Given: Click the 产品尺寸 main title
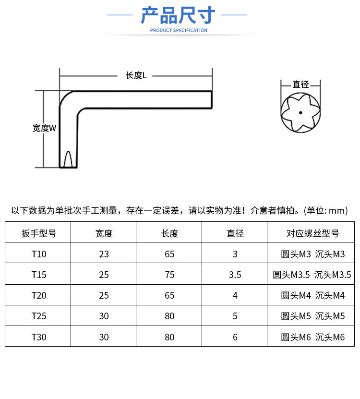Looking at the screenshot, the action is (x=178, y=15).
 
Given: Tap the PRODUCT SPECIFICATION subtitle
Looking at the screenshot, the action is (x=179, y=30).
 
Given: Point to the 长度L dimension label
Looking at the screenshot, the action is (x=136, y=75).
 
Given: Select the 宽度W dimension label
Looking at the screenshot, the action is (x=44, y=128).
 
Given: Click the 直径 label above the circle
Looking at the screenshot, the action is (x=300, y=84).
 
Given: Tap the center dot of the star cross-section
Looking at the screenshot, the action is (x=300, y=112).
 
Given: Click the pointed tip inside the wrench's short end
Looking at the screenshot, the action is (x=68, y=152).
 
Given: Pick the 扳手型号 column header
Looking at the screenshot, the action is (x=39, y=233).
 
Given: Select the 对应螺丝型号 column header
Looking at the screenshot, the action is (x=312, y=233).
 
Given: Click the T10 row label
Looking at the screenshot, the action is (x=39, y=254).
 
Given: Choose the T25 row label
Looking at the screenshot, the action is (x=39, y=316).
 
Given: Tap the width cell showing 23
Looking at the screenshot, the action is (x=104, y=254).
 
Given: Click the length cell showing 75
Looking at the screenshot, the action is (x=169, y=275).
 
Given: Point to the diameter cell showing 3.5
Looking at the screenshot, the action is (x=235, y=275).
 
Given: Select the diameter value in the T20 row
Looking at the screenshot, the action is (x=235, y=295).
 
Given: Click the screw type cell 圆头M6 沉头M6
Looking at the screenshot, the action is (x=312, y=337).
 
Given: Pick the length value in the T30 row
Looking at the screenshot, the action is (x=169, y=337).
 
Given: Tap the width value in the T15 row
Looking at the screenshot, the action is (x=104, y=275).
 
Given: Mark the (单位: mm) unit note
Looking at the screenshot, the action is (x=325, y=211).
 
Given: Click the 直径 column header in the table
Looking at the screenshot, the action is (x=235, y=233).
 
